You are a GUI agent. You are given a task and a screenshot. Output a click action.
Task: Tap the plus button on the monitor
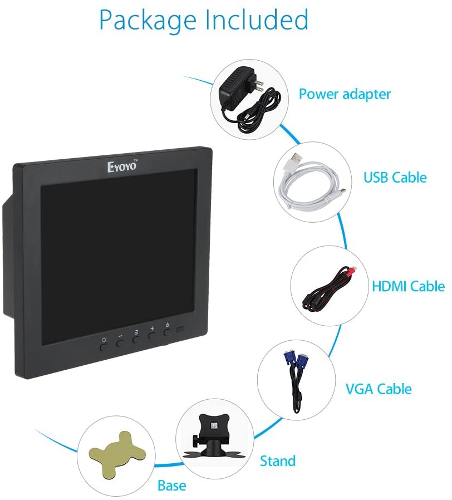[x=151, y=342]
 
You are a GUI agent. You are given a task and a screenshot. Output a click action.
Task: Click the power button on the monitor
[x=166, y=332]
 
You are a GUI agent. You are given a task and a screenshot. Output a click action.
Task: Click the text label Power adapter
[x=345, y=94]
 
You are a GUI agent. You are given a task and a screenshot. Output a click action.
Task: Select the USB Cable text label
[x=395, y=178]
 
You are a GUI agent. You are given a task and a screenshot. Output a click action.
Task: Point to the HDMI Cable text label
[x=407, y=286]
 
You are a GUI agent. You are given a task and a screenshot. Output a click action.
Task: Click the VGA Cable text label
[x=379, y=388]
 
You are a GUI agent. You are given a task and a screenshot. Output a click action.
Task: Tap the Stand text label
[x=277, y=461]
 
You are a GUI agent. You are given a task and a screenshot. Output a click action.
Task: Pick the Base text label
[x=171, y=486]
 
